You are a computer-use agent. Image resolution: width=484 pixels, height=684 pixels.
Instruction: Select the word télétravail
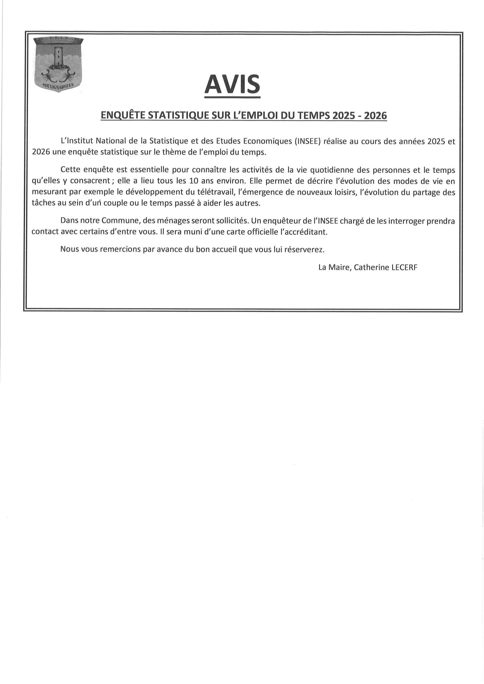click(213, 192)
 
